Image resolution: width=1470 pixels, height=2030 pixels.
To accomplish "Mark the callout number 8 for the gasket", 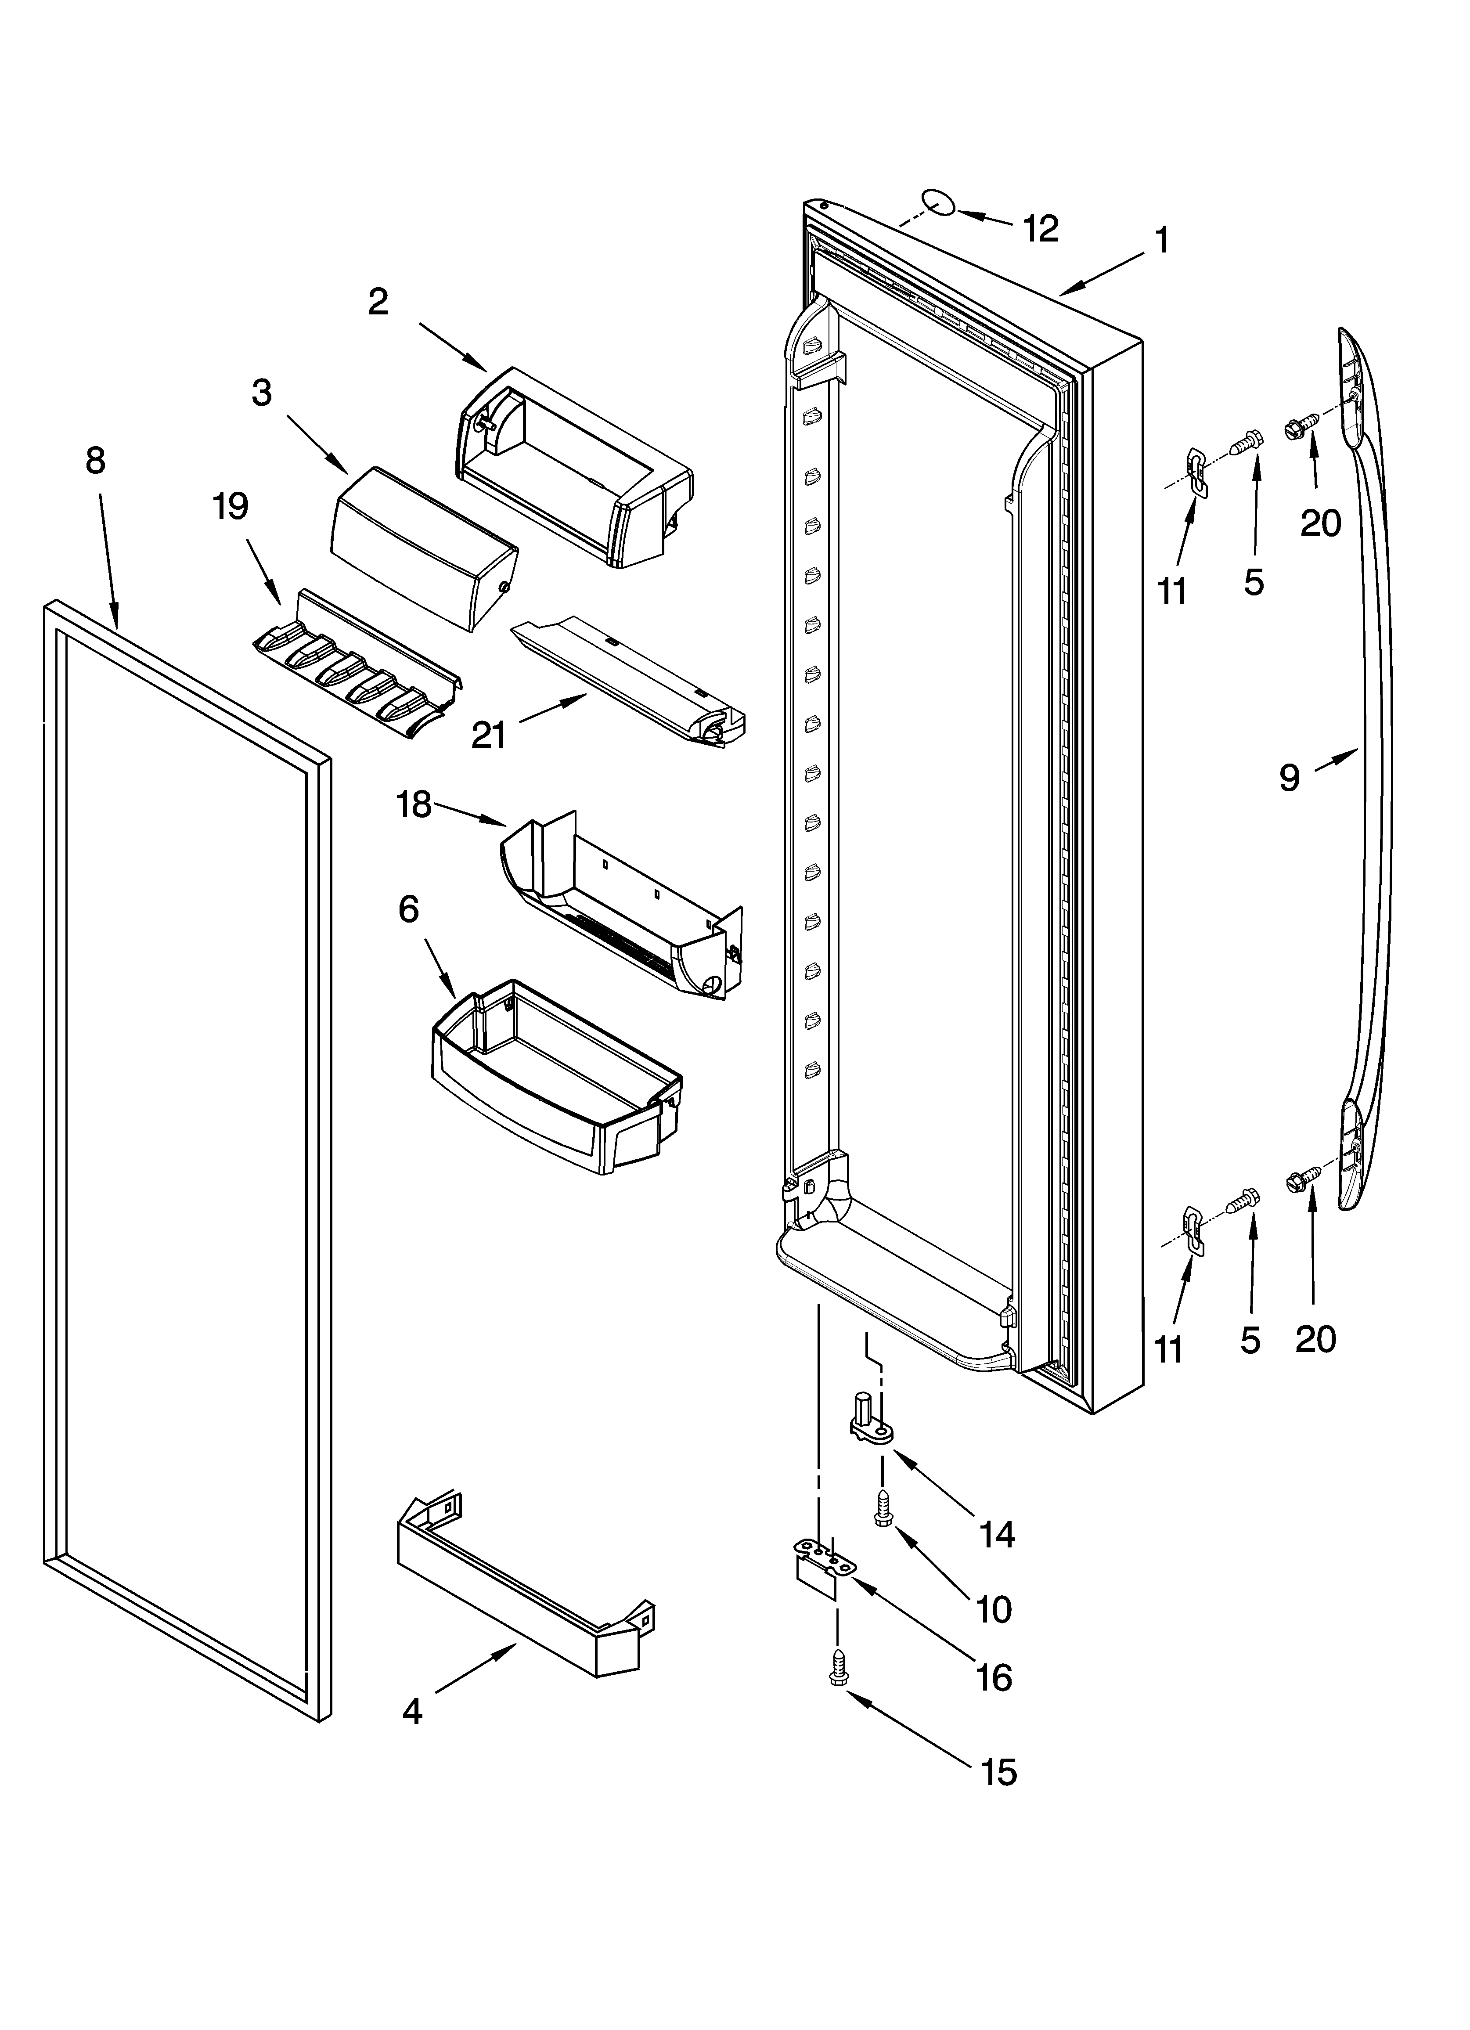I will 95,461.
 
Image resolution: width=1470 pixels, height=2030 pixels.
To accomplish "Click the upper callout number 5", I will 1254,583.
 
